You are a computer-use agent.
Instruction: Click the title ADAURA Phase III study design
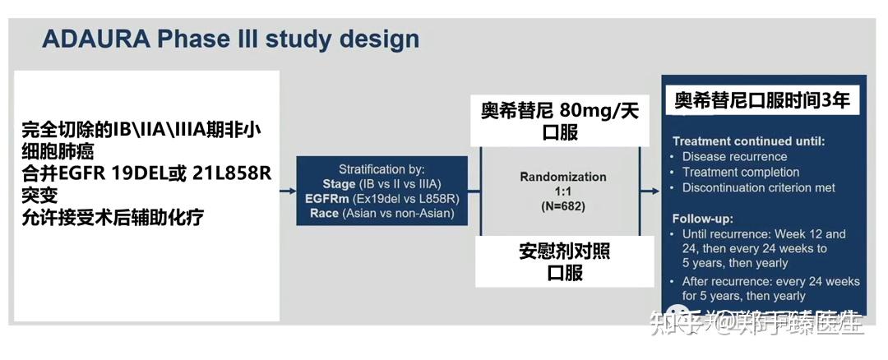point(230,39)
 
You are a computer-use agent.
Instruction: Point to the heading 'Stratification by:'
point(381,168)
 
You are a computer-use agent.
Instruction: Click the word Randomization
point(562,177)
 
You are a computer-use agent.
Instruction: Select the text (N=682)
point(562,206)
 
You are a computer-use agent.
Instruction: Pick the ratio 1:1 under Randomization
point(562,192)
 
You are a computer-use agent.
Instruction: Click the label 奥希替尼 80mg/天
point(559,110)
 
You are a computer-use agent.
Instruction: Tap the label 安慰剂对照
point(564,251)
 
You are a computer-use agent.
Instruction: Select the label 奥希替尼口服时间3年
point(761,101)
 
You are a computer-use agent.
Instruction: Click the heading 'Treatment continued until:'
point(748,141)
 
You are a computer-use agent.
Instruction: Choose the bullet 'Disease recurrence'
point(734,157)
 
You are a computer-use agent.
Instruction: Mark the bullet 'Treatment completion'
point(740,172)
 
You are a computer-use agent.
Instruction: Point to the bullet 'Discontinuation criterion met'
point(758,187)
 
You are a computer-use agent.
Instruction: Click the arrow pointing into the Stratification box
point(288,192)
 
